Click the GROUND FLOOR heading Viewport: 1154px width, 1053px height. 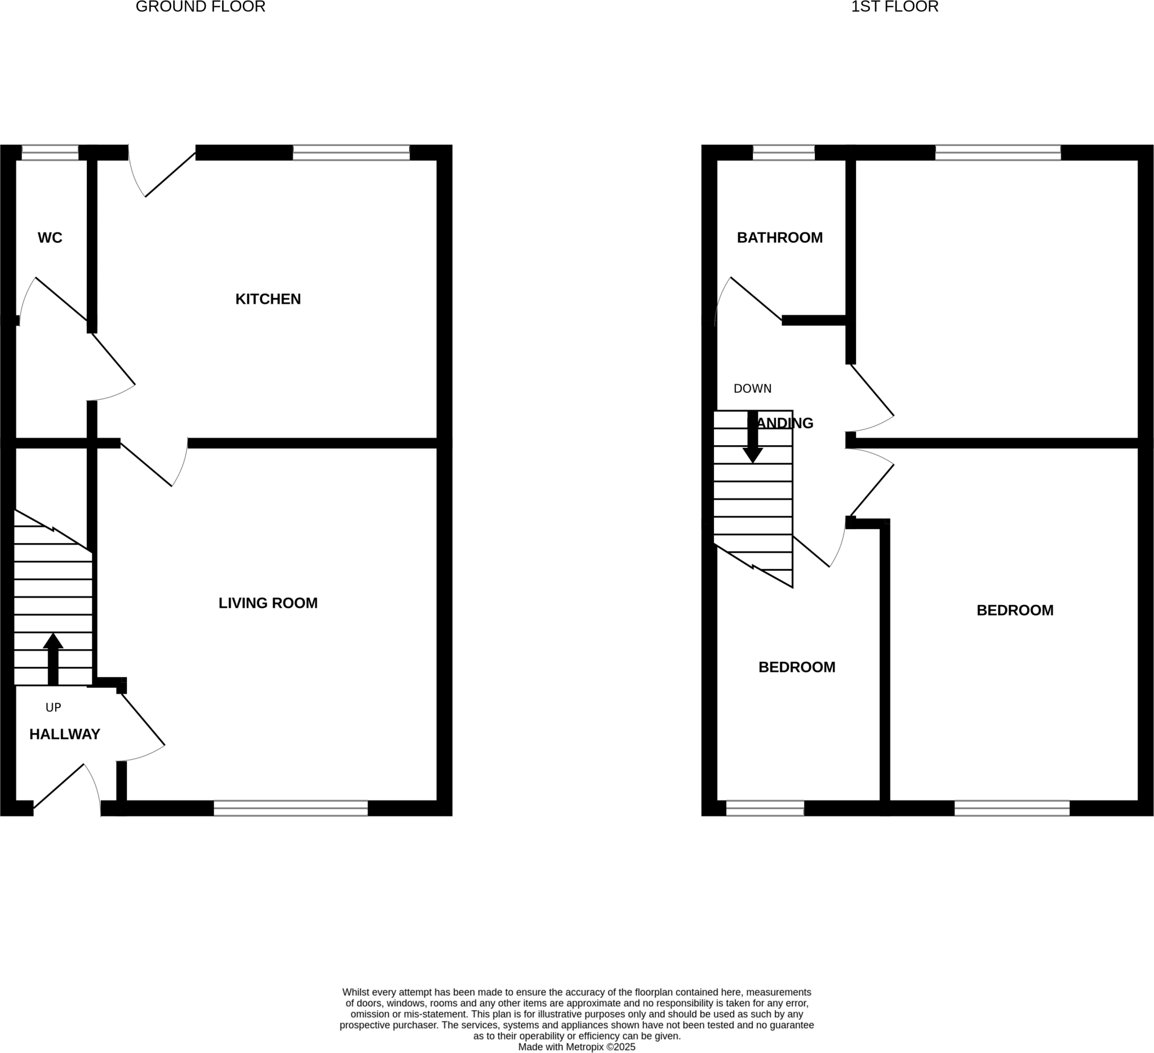point(201,7)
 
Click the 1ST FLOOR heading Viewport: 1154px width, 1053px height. point(894,7)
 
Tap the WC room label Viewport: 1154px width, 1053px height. point(50,238)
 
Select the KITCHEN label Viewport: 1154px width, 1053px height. point(268,299)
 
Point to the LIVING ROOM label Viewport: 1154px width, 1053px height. point(268,603)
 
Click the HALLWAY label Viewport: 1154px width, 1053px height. point(65,734)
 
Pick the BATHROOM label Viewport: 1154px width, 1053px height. point(780,238)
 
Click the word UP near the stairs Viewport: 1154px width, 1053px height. point(53,708)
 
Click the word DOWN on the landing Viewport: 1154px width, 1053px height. point(752,389)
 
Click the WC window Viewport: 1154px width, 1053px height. point(50,153)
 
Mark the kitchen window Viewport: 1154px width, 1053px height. point(351,153)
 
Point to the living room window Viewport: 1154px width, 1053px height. point(291,808)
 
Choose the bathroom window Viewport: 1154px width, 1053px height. point(783,153)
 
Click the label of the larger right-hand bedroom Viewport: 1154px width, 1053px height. point(1015,611)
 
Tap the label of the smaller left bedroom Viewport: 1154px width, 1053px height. point(797,667)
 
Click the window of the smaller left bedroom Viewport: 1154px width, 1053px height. point(765,808)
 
